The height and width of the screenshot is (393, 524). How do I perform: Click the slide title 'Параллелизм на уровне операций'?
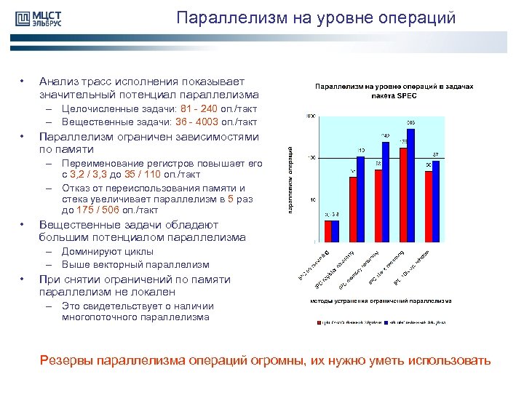315,17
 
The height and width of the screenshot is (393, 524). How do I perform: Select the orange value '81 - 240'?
194,109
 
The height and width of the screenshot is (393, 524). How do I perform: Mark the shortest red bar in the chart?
328,231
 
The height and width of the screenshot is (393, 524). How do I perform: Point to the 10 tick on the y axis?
311,199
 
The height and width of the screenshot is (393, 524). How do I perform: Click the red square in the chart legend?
318,321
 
